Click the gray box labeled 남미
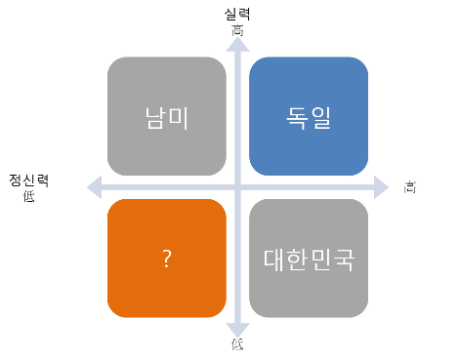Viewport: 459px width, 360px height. [x=167, y=116]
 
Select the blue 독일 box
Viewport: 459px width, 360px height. [x=309, y=116]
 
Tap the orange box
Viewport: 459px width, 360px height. [x=167, y=259]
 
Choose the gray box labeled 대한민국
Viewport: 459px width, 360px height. [x=309, y=259]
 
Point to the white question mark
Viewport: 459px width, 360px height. [x=167, y=260]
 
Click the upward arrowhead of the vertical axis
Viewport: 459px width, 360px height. [x=236, y=44]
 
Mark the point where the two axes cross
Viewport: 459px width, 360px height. [x=236, y=185]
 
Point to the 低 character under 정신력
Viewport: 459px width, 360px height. [x=28, y=195]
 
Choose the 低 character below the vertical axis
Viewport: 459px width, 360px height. [x=236, y=347]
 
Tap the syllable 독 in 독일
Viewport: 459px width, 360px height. [x=297, y=117]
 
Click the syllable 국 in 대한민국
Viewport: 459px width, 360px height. [x=341, y=260]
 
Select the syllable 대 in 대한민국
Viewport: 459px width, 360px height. [x=276, y=260]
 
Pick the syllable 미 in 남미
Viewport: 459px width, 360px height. [x=179, y=117]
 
